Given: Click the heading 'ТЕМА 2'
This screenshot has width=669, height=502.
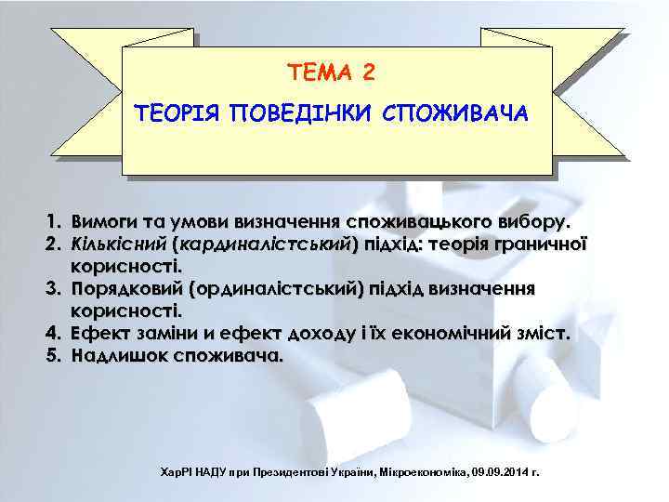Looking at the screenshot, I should [333, 72].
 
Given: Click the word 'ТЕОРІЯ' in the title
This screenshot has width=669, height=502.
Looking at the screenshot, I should [177, 114].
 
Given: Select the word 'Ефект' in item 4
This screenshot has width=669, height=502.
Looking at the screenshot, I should [98, 333].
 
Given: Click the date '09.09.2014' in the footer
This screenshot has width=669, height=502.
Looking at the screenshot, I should [505, 473].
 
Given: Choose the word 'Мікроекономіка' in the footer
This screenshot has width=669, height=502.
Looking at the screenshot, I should [424, 473].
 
